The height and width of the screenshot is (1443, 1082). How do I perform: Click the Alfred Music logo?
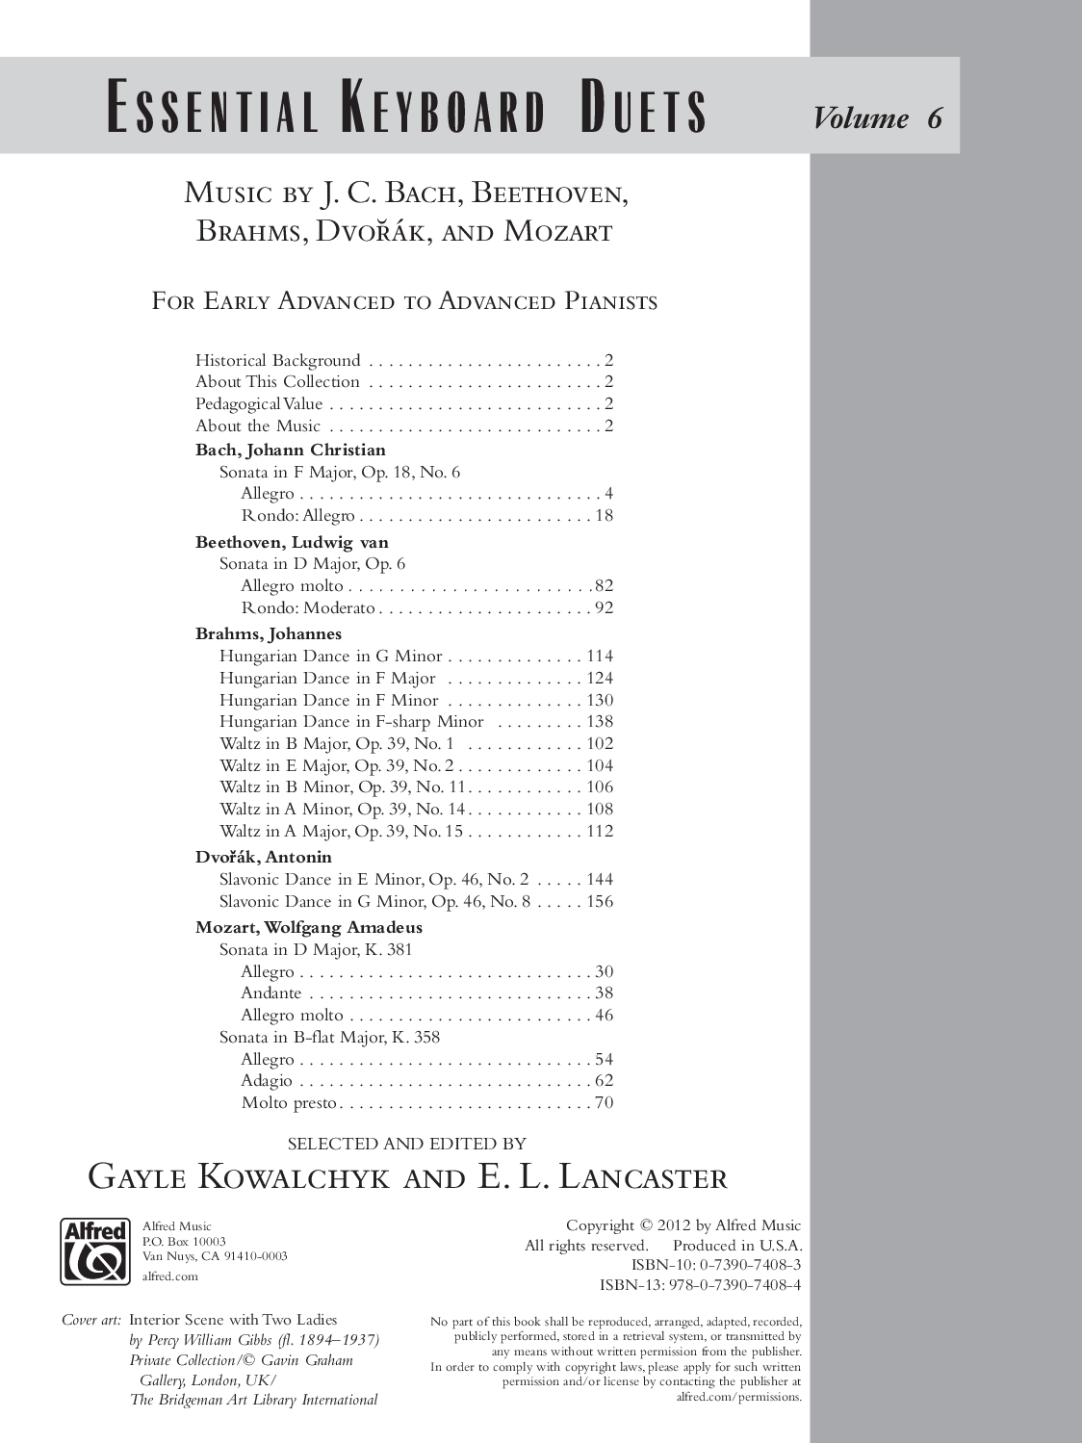(94, 1250)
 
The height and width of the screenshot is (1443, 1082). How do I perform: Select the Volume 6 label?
(877, 117)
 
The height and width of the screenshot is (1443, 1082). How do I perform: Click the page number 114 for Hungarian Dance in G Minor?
(600, 656)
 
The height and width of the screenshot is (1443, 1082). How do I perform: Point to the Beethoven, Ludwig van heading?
(292, 542)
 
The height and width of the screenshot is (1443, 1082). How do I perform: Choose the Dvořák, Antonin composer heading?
(264, 857)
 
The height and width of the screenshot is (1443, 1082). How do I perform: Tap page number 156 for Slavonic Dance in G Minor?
(600, 901)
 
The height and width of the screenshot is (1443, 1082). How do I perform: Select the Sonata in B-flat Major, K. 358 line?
(329, 1037)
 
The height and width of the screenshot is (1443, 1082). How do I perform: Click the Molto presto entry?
(289, 1102)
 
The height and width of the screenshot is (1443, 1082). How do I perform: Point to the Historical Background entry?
(278, 360)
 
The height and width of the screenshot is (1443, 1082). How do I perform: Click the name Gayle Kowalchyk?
(239, 1176)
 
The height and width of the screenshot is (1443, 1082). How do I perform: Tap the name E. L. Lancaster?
(602, 1176)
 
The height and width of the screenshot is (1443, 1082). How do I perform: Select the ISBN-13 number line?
(700, 1284)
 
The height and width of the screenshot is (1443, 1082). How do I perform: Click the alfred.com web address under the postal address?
(169, 1276)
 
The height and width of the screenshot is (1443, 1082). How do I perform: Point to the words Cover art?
(91, 1320)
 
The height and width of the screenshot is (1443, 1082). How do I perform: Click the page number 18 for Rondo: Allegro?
(604, 515)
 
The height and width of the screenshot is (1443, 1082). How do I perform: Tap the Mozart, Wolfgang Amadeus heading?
(309, 927)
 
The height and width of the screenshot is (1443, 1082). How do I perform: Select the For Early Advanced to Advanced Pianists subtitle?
(404, 301)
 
